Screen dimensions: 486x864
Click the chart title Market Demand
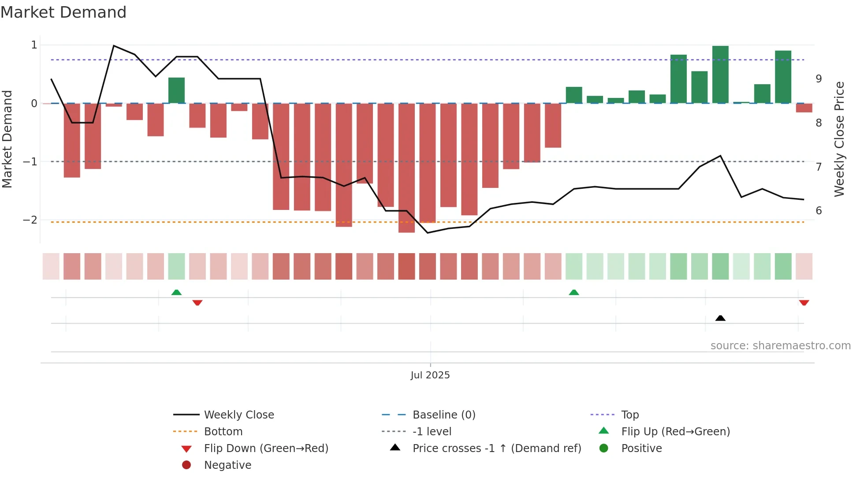coord(63,12)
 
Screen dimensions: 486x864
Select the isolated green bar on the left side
coord(176,90)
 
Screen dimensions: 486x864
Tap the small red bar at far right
coord(804,108)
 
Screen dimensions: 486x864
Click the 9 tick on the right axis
coord(819,79)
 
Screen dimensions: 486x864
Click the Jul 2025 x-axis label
coord(430,375)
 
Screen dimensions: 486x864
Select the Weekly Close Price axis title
coord(839,139)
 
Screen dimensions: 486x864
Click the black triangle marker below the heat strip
coord(720,318)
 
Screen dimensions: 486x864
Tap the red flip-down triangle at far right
coord(804,303)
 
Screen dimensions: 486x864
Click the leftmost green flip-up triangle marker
coord(176,292)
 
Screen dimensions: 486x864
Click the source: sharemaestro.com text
coord(780,345)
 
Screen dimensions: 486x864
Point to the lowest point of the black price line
coord(427,233)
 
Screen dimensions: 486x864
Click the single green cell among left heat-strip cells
coord(176,266)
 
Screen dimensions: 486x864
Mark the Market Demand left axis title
coord(7,139)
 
